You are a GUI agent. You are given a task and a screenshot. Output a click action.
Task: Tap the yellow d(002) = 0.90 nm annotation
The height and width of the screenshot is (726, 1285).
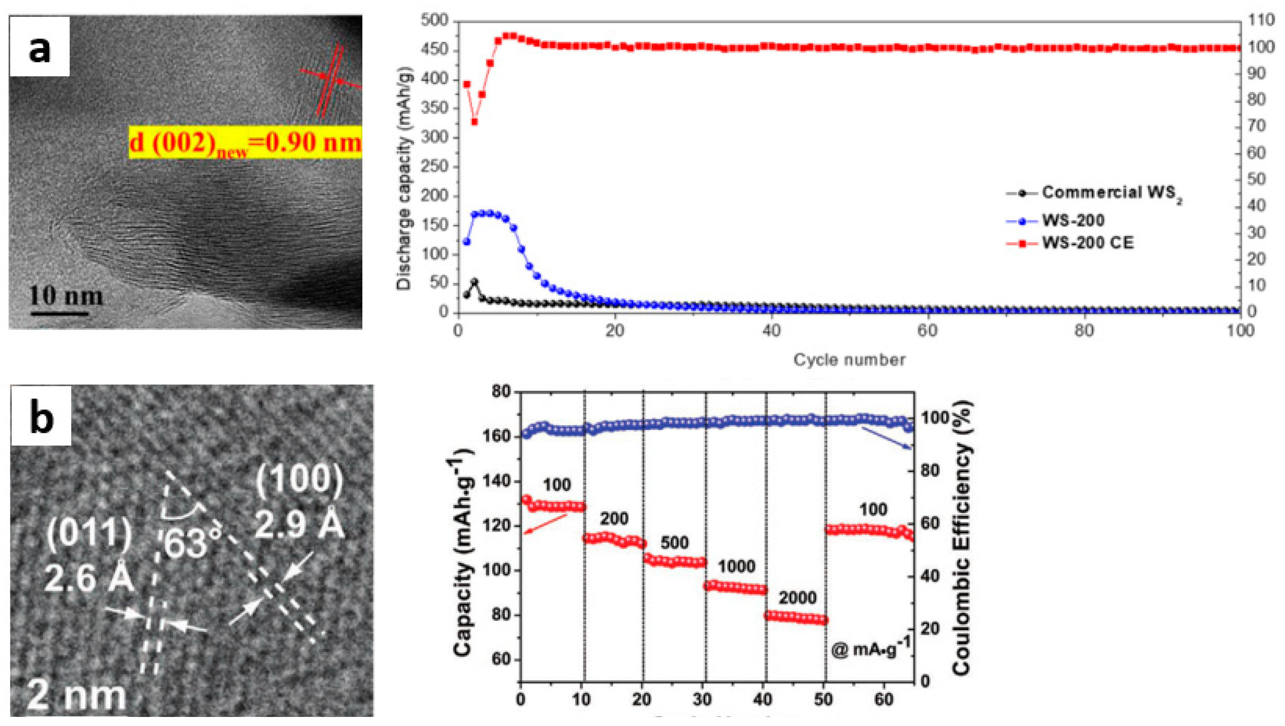click(x=245, y=143)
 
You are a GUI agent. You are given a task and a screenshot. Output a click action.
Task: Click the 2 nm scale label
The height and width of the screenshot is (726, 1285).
click(x=76, y=697)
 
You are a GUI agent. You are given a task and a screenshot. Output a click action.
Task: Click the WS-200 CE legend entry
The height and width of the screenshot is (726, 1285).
click(x=1088, y=243)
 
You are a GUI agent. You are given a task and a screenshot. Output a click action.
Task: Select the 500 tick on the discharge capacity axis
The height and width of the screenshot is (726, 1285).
click(x=435, y=21)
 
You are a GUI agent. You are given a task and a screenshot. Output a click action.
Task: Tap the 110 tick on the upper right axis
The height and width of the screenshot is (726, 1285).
click(x=1266, y=20)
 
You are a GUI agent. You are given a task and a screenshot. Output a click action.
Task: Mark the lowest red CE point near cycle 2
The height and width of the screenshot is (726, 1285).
click(x=474, y=122)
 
